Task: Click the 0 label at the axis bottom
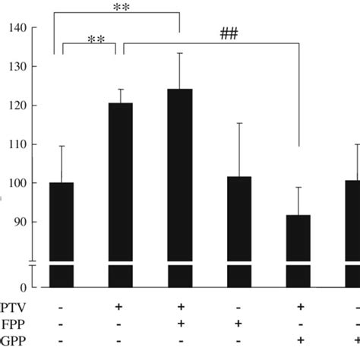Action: (24, 288)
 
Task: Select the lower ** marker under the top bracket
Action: (96, 39)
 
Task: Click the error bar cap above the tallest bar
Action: (179, 53)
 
